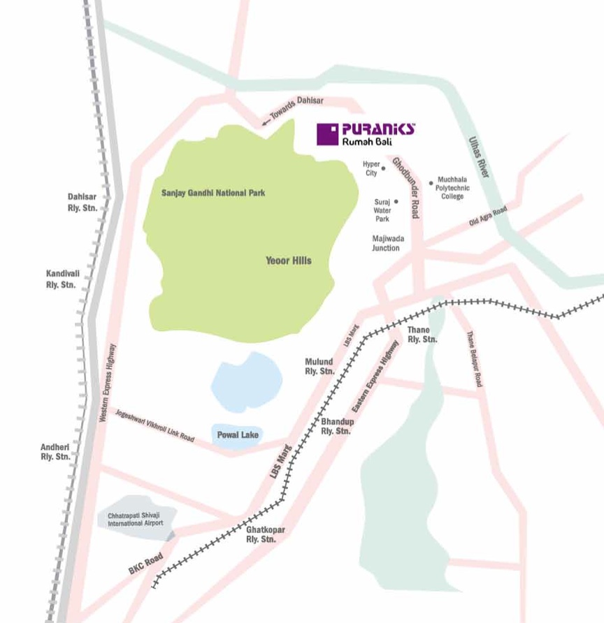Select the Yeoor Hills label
click(x=288, y=261)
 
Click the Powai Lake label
click(x=238, y=435)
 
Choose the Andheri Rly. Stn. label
click(x=55, y=451)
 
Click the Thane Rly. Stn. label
click(x=422, y=334)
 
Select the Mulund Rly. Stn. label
click(x=319, y=367)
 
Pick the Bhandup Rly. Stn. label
click(x=336, y=427)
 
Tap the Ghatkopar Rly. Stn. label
click(x=261, y=535)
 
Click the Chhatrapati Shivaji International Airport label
click(x=135, y=519)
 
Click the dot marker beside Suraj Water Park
click(x=396, y=201)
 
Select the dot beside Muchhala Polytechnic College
click(x=431, y=183)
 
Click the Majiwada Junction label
click(x=386, y=243)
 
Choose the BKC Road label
click(x=146, y=564)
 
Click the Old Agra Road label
click(x=487, y=217)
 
